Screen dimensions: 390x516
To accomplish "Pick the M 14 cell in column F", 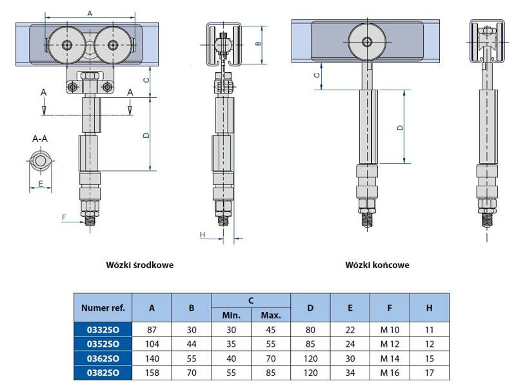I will tap(390, 358).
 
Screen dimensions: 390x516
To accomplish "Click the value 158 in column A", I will tap(152, 373).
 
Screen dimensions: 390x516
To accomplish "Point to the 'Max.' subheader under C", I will tap(271, 315).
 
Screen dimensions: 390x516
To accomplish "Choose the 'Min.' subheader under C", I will tap(231, 315).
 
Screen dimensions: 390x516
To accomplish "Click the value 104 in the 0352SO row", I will tap(152, 344).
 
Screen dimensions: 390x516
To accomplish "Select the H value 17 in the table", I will tap(429, 373).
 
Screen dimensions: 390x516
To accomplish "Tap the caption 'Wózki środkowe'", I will tap(140, 264).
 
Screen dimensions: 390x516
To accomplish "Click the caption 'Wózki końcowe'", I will tap(377, 264).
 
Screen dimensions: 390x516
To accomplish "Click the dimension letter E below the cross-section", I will tap(40, 184).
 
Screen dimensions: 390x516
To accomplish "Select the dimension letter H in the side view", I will tap(203, 235).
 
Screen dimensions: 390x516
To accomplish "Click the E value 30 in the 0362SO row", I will tap(350, 358).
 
